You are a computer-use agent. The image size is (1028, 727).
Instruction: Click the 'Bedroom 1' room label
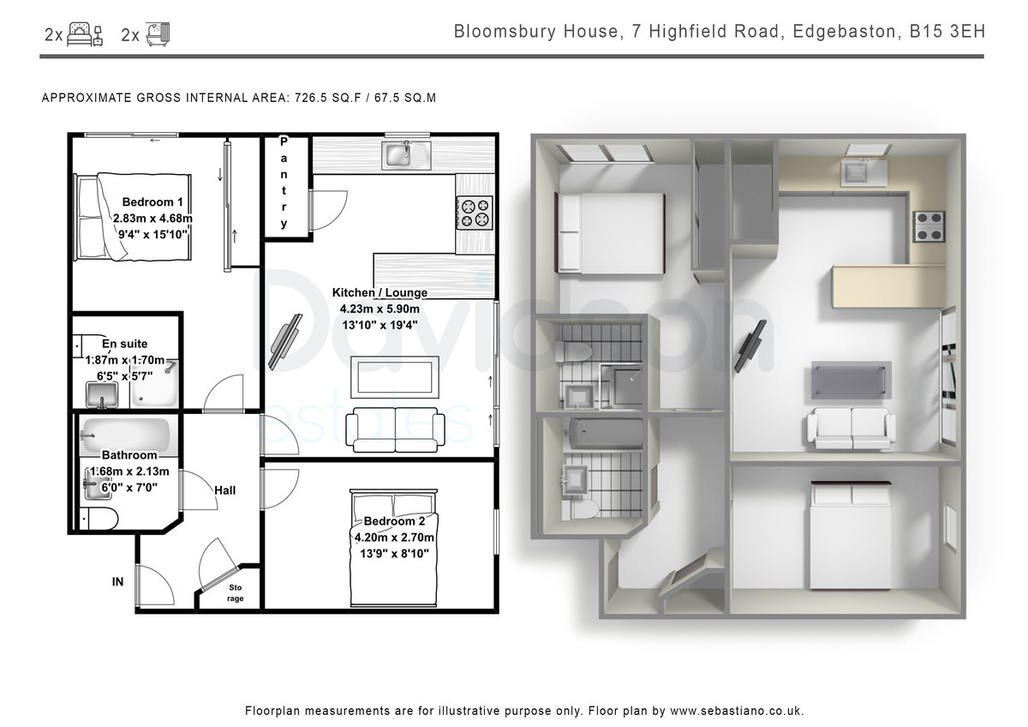pos(152,202)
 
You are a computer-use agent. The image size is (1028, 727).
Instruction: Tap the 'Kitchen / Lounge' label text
pos(380,292)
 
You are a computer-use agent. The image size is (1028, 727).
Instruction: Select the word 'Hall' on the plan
pos(224,490)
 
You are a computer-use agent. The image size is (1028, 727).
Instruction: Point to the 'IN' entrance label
pos(118,582)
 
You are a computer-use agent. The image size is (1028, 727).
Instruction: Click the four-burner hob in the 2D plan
pos(474,213)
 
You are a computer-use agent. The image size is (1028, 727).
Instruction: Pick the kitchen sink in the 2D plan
pos(406,155)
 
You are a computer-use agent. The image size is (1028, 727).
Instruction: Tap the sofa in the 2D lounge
pos(395,430)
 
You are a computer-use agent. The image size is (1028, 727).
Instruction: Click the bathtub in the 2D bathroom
pos(125,435)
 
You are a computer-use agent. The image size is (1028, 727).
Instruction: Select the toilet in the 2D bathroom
pos(99,519)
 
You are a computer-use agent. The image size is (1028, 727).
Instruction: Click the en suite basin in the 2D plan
pos(102,395)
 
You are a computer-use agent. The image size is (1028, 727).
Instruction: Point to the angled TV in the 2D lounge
pos(285,342)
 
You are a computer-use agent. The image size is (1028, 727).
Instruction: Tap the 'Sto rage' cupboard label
pos(235,593)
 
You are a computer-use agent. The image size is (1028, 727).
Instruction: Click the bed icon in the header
pos(85,34)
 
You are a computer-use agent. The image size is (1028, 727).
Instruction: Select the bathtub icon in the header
pos(158,34)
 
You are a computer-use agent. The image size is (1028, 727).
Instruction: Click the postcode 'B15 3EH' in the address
pos(947,32)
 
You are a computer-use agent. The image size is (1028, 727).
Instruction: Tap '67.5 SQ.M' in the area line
pos(405,98)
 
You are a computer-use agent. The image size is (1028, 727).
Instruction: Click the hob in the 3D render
pos(929,226)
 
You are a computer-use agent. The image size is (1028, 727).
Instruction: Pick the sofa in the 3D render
pos(852,428)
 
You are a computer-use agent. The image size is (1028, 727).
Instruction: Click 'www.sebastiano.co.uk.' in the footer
pos(737,711)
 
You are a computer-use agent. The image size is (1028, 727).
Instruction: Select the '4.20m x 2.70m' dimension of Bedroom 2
pos(394,538)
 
